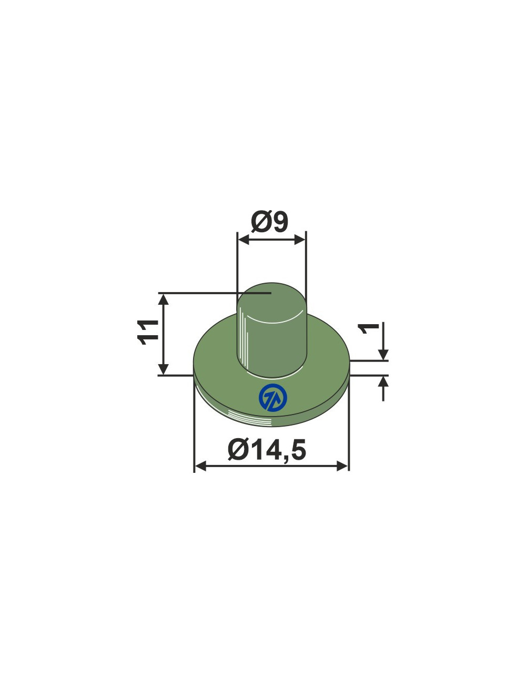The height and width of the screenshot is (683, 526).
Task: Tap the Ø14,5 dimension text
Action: [267, 450]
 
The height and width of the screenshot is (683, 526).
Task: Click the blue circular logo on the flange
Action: [273, 397]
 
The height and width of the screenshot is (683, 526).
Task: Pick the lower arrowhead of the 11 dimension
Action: [163, 369]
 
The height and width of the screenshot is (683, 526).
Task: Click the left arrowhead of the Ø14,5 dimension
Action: [200, 466]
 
